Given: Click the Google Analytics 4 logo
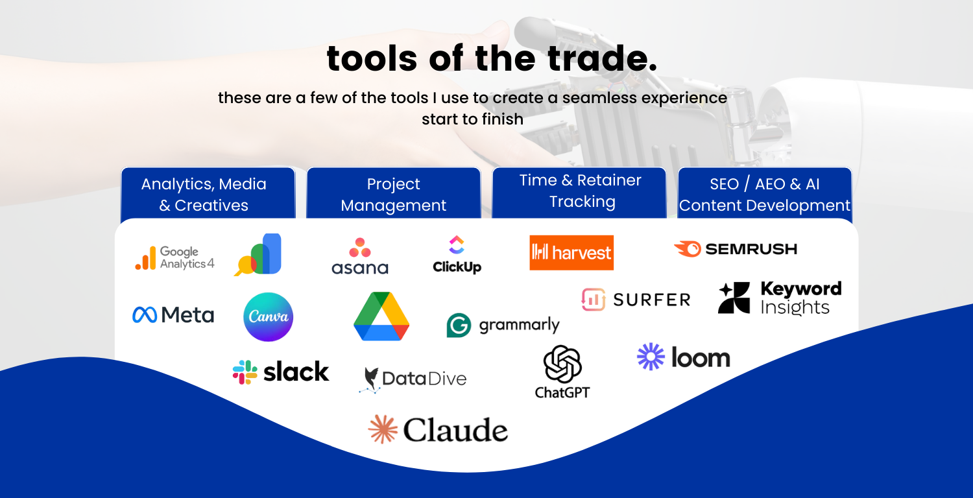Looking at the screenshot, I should [174, 257].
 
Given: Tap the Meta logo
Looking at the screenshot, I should [173, 315].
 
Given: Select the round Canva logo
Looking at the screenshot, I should [268, 317].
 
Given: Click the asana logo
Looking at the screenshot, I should [359, 256].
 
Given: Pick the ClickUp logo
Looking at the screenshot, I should [457, 254].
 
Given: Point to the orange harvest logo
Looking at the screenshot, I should [571, 252].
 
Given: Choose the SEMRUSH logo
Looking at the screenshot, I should [736, 249].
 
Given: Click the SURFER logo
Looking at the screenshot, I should [636, 300].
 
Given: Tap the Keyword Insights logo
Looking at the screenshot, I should [780, 298].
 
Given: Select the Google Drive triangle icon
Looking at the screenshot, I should [381, 316].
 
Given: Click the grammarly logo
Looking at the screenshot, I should [503, 325].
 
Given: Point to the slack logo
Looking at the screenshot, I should [281, 372].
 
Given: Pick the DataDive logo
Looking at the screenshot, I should [413, 379].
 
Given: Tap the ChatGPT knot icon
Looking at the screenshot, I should [562, 364].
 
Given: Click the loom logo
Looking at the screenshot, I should [684, 357].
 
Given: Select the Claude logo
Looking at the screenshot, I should [438, 430].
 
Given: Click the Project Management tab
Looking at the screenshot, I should [394, 195].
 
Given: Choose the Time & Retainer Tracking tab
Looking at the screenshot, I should [580, 191].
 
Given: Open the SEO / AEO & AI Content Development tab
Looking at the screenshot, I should [765, 195].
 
